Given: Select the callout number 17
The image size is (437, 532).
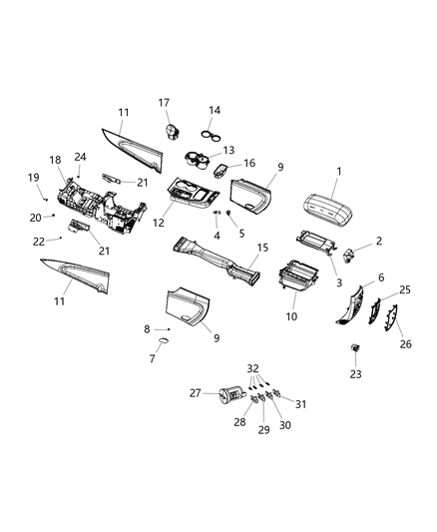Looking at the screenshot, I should (x=164, y=102).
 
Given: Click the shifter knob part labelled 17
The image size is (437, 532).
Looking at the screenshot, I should (x=171, y=131).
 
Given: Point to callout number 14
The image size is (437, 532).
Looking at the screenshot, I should (x=215, y=110).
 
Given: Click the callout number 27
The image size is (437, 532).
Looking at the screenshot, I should (x=195, y=394).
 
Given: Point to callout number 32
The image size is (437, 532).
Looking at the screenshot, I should (x=252, y=367).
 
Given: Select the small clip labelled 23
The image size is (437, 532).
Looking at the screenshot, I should (x=355, y=347).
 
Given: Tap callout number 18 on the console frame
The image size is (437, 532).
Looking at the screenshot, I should (x=55, y=160).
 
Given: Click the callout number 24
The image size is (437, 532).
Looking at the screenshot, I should (x=81, y=157).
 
